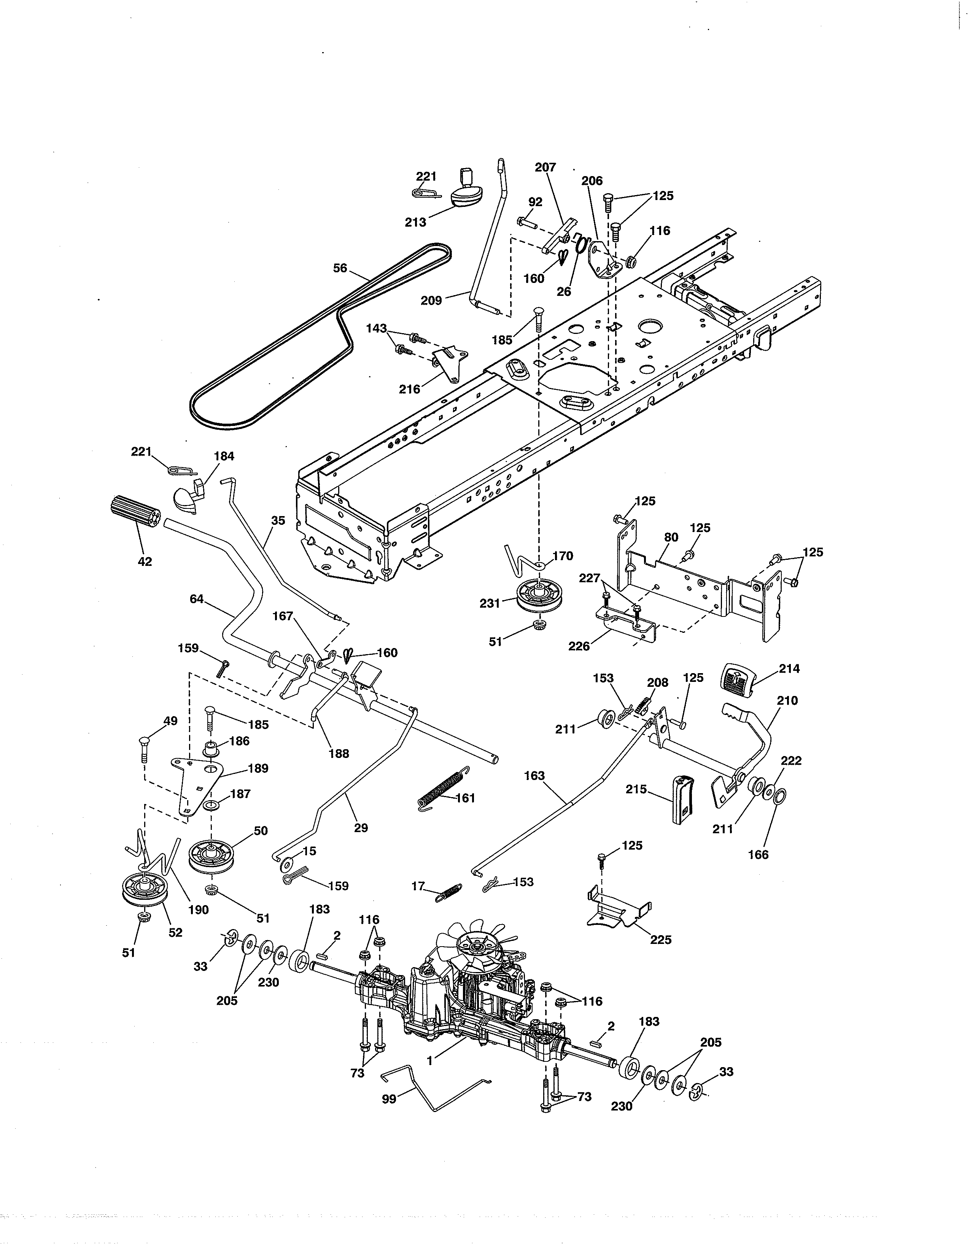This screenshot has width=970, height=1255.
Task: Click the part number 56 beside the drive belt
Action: (x=340, y=268)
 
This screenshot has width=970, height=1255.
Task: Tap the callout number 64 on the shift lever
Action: (x=197, y=599)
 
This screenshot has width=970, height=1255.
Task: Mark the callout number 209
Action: (x=431, y=300)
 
